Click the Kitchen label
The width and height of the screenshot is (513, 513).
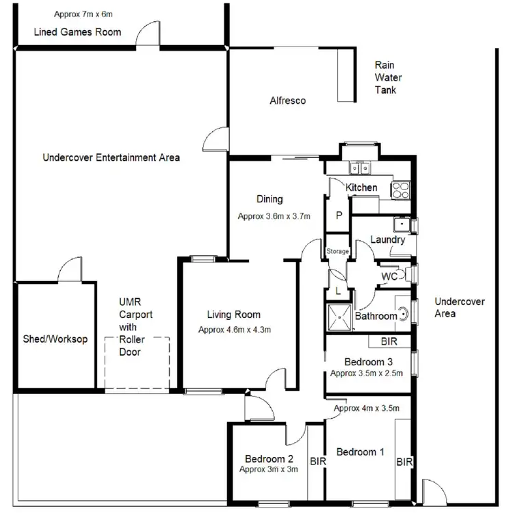pyautogui.click(x=361, y=187)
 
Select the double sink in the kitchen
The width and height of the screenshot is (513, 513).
pyautogui.click(x=359, y=167)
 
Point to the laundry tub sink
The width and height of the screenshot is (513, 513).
pyautogui.click(x=400, y=224)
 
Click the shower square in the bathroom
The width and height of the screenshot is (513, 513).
pyautogui.click(x=339, y=317)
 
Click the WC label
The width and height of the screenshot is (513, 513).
pyautogui.click(x=390, y=276)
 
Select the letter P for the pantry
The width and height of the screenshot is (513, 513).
pyautogui.click(x=338, y=215)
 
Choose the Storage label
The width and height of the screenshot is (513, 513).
pyautogui.click(x=337, y=252)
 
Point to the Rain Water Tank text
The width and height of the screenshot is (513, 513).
pyautogui.click(x=385, y=77)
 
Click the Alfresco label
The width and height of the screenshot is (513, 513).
pyautogui.click(x=287, y=101)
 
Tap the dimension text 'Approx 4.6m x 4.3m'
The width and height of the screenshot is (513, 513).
pyautogui.click(x=235, y=330)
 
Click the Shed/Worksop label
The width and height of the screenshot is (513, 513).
pyautogui.click(x=55, y=339)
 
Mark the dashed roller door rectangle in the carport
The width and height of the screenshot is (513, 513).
pyautogui.click(x=137, y=363)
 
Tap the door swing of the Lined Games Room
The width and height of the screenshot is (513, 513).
pyautogui.click(x=147, y=34)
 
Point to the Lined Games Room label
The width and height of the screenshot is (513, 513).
pyautogui.click(x=77, y=32)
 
